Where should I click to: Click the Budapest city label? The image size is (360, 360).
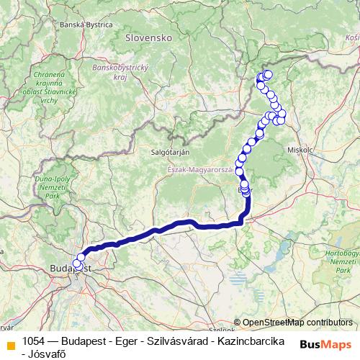point(71,268)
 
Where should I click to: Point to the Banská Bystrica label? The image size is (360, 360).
point(88,24)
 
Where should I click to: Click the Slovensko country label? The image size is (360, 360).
point(147,36)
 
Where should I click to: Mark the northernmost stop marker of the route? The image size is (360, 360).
point(268,74)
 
